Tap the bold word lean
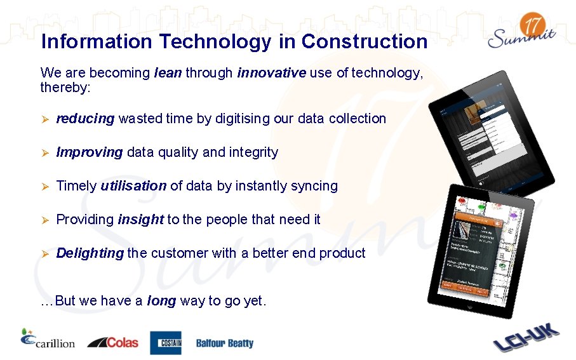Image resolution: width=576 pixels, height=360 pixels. [168, 73]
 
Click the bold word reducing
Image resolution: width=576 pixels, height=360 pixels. [85, 119]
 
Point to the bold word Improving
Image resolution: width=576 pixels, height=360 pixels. [89, 152]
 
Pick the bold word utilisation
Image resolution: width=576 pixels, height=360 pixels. [133, 186]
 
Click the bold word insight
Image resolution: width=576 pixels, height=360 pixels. [140, 220]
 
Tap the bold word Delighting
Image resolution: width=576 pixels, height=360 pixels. [90, 253]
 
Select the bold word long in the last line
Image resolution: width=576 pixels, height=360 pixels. [161, 301]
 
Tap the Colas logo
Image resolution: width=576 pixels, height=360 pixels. [112, 342]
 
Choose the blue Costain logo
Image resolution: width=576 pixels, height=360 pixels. [165, 343]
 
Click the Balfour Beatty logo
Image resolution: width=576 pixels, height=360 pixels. [224, 343]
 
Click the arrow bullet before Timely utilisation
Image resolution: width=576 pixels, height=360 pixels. [44, 187]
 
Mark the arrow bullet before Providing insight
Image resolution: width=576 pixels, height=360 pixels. [44, 220]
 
